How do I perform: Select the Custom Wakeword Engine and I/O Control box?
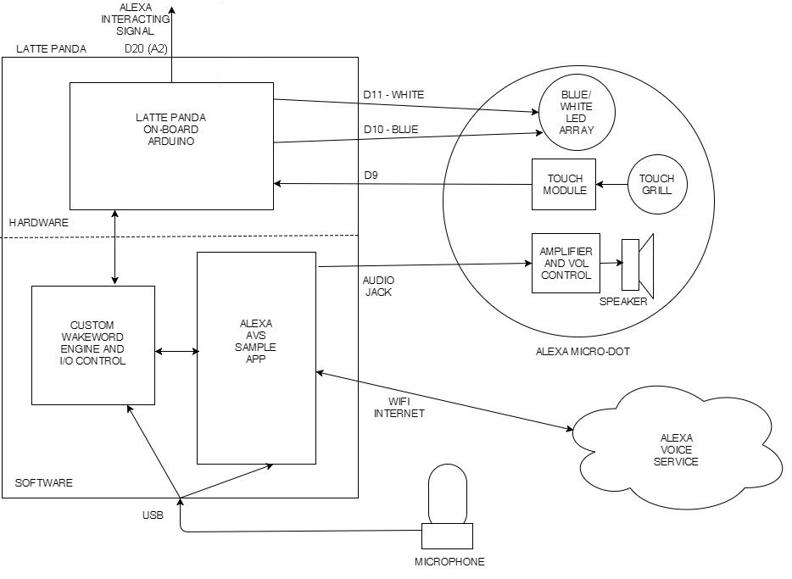tap(93, 345)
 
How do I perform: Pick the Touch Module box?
tap(563, 184)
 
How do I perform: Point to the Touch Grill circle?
tap(656, 185)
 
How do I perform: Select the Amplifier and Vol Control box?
tap(566, 263)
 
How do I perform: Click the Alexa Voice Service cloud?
tap(678, 450)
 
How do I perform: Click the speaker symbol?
tap(639, 264)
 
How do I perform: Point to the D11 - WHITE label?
tap(393, 95)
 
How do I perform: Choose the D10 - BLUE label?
tap(390, 130)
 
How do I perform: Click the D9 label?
tap(371, 175)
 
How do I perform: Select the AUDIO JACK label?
tap(378, 286)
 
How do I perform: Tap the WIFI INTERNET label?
tap(399, 408)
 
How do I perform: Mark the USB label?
tap(153, 515)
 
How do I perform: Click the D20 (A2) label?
tap(146, 49)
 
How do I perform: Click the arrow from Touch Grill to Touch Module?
tap(611, 184)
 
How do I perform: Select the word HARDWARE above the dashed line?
tap(38, 222)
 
